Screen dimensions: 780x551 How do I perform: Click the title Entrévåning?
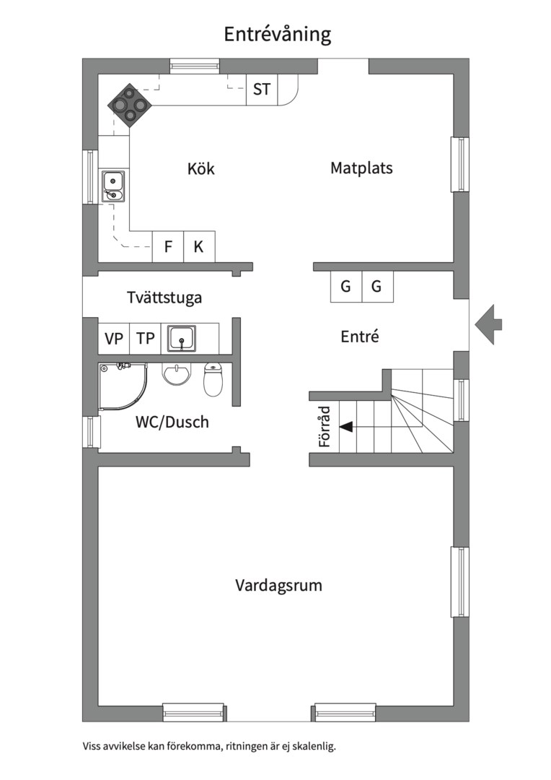point(277,35)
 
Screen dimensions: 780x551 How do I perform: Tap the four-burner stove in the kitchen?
point(131,105)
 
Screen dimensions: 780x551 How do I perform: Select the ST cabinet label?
point(262,90)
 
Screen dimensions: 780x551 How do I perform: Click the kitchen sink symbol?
point(113,186)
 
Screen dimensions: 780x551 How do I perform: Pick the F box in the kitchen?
point(168,247)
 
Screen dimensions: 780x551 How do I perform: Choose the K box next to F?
point(199,247)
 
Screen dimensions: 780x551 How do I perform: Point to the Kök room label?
point(200,169)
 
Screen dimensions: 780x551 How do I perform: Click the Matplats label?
point(361,168)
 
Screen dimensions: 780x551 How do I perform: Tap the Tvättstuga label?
point(164,297)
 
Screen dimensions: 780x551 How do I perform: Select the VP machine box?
point(113,338)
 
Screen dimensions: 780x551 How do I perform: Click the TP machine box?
point(146,338)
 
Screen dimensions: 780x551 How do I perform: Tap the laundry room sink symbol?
point(182,337)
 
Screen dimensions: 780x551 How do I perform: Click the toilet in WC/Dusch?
point(213,379)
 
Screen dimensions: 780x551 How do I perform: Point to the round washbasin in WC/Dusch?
point(177,374)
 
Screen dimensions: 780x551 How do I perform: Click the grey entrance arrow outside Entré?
point(489,324)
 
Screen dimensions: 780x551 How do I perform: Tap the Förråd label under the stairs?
point(325,426)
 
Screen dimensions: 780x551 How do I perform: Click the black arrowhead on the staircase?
point(346,426)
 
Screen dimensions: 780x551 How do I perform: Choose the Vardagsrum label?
point(278,585)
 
